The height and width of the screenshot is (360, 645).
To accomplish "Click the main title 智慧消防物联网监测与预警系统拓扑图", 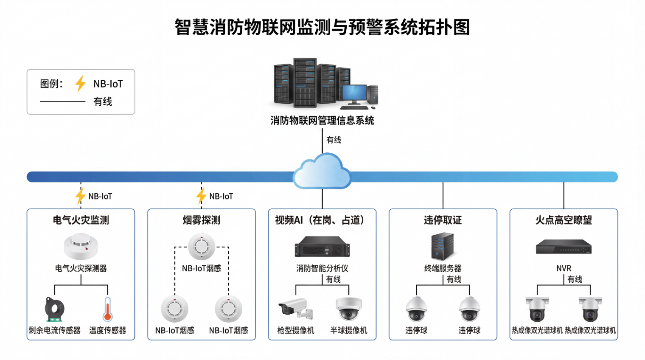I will pyautogui.click(x=322, y=27).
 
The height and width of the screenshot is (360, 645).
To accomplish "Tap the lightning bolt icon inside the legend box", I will pyautogui.click(x=80, y=84).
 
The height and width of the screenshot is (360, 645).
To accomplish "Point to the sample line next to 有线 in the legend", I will pyautogui.click(x=63, y=102).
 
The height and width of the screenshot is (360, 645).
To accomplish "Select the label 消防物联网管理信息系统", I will pyautogui.click(x=322, y=121).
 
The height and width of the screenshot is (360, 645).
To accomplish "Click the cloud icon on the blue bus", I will pyautogui.click(x=322, y=172).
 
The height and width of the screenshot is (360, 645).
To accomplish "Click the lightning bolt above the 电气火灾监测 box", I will pyautogui.click(x=80, y=196).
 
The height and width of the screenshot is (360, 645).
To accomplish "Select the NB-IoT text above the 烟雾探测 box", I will pyautogui.click(x=221, y=197).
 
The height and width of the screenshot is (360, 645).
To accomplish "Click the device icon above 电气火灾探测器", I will pyautogui.click(x=81, y=247).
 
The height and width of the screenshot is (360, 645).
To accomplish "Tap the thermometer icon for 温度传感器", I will pyautogui.click(x=108, y=309).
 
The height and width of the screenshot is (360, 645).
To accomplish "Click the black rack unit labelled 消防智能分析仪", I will pyautogui.click(x=322, y=247).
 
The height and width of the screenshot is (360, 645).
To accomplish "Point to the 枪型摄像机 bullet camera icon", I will pyautogui.click(x=296, y=309).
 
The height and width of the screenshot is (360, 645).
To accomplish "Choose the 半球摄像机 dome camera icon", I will pyautogui.click(x=348, y=309).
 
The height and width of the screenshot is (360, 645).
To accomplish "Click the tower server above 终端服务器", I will pyautogui.click(x=443, y=246).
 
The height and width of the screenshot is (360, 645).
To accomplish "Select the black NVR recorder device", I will pyautogui.click(x=564, y=247).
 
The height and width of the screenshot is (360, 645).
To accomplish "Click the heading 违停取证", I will pyautogui.click(x=443, y=220).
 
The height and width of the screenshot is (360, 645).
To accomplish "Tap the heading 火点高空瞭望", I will pyautogui.click(x=564, y=220).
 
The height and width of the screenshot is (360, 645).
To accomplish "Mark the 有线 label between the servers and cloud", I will pyautogui.click(x=334, y=140).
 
